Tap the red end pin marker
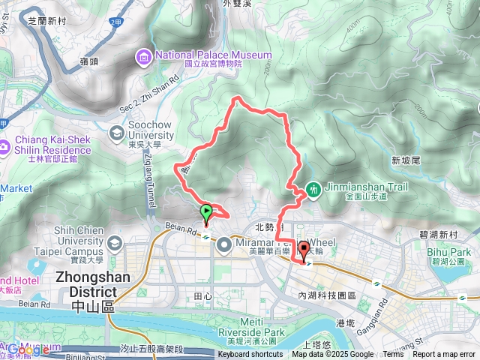pyautogui.click(x=304, y=251)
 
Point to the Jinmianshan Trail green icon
pyautogui.click(x=313, y=191)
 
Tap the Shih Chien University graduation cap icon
pyautogui.click(x=114, y=243)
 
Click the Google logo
pyautogui.click(x=28, y=349)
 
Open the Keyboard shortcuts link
pyautogui.click(x=250, y=355)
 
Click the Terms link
pyautogui.click(x=392, y=355)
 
